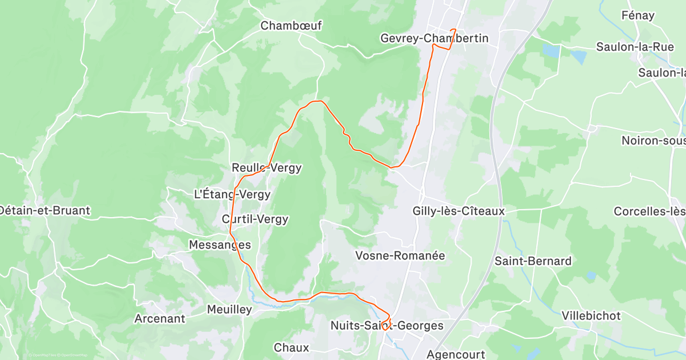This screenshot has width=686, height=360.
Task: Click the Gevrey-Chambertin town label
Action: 434,38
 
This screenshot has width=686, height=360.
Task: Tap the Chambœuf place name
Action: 292,26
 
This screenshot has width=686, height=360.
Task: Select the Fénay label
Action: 637,15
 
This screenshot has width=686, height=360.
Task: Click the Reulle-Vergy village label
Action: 266,168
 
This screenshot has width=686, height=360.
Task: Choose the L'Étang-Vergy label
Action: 232,194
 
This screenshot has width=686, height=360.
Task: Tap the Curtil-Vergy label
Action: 255,219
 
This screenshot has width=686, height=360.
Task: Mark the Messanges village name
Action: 220,245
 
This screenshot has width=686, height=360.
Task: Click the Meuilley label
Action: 229,310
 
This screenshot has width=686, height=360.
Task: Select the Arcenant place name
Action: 159,318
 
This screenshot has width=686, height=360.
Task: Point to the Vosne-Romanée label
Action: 400,255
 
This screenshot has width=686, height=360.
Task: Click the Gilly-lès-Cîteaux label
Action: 458,211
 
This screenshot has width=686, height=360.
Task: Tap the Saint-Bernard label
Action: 533,261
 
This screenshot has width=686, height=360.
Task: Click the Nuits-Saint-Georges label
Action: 387,326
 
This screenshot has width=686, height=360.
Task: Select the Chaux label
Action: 291,347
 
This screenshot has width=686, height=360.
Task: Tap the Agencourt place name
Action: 456,354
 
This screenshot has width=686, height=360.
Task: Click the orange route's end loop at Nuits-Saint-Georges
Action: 386,323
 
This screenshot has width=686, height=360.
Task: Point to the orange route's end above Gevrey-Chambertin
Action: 454,30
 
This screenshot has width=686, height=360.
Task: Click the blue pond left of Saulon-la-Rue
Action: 552,51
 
